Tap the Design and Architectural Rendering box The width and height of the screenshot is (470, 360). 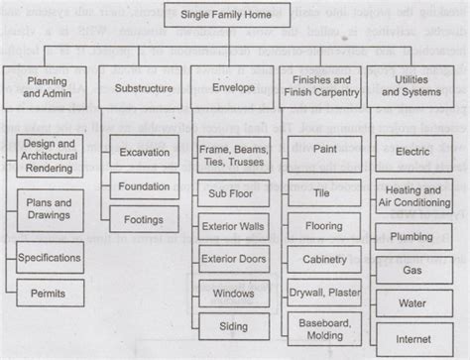[x=50, y=157]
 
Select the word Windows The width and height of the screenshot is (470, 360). [x=233, y=294]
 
